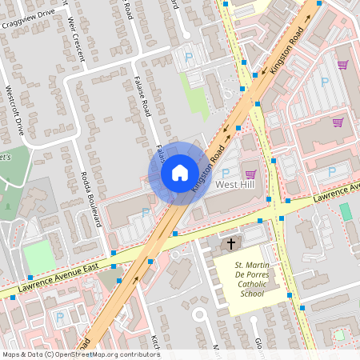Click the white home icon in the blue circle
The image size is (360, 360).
click(x=180, y=173)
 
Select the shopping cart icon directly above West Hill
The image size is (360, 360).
click(x=250, y=174)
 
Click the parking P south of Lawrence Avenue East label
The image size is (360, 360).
click(x=60, y=317)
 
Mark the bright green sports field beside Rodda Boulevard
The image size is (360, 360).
click(x=39, y=257)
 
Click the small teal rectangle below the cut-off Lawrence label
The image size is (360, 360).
click(x=345, y=211)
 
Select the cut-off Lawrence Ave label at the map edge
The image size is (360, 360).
click(x=335, y=192)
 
